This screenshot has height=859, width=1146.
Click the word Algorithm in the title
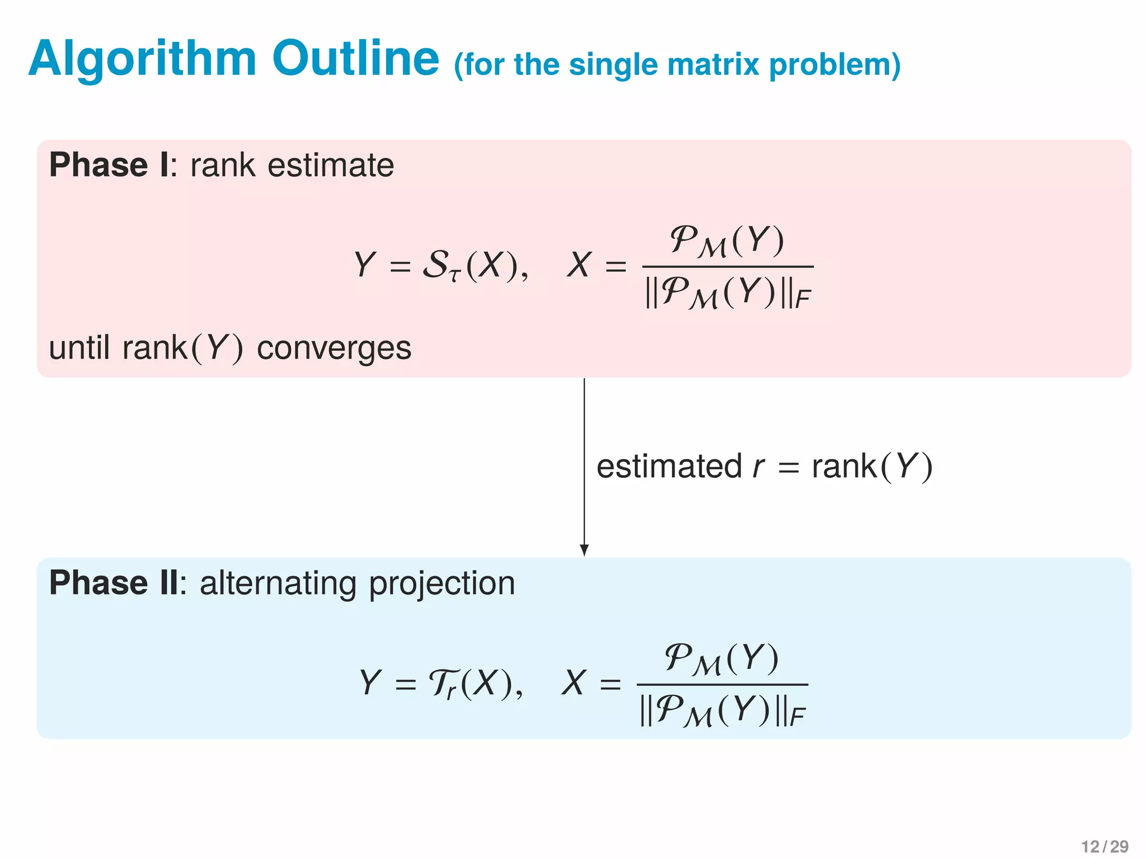(x=142, y=59)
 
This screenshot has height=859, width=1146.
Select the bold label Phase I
(x=109, y=165)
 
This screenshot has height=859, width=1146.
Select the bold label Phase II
(x=114, y=583)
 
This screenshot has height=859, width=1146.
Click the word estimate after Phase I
(x=331, y=166)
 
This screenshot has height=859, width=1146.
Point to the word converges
(x=334, y=348)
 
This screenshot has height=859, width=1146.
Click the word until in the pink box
(x=79, y=348)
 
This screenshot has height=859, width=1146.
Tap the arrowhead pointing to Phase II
(x=584, y=550)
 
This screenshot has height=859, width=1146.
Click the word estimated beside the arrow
(x=669, y=466)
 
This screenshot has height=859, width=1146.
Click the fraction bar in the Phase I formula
(x=727, y=267)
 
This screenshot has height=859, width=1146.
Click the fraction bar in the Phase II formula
(x=722, y=685)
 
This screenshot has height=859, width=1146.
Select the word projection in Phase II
(x=442, y=584)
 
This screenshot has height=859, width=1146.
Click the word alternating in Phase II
(x=278, y=583)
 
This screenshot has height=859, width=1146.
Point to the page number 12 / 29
(x=1105, y=847)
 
